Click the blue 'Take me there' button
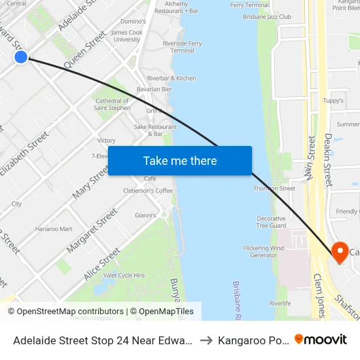[x=180, y=161]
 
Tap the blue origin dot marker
[x=21, y=57]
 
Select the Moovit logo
[x=321, y=340]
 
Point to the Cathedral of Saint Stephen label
[x=113, y=104]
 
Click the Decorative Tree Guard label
[x=271, y=222]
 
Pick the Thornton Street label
[x=274, y=189]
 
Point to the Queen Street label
[x=84, y=51]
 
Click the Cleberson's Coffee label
[x=148, y=190]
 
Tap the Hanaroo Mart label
[x=54, y=229]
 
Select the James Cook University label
[x=127, y=36]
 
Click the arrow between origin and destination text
[x=206, y=340]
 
